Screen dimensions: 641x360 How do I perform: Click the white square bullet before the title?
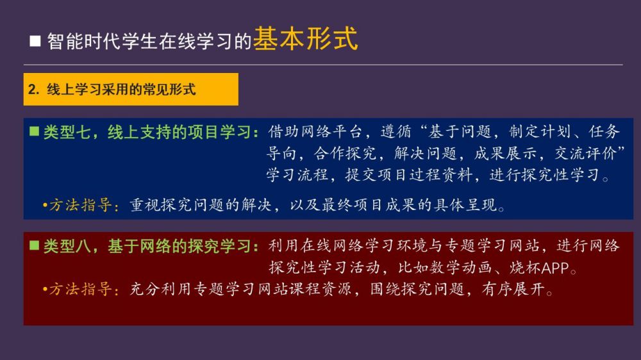tap(35, 41)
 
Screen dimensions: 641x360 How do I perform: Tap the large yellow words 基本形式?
tap(305, 39)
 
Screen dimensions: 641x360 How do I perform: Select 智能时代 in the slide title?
tap(84, 41)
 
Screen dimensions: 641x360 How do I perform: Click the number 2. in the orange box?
tap(33, 89)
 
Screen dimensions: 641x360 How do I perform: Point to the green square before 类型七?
tap(35, 131)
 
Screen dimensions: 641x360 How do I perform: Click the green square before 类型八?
tap(35, 245)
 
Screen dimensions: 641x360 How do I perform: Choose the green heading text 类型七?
tap(67, 132)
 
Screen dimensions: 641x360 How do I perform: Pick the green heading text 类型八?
tap(67, 246)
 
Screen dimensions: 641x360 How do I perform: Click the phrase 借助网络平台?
tap(315, 131)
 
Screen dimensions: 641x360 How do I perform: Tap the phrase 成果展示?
tap(505, 153)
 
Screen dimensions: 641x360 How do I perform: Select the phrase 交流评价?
tap(585, 153)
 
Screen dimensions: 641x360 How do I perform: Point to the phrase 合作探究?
tap(345, 153)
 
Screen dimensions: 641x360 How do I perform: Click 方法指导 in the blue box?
tap(81, 205)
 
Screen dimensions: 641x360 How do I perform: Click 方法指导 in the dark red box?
tap(81, 290)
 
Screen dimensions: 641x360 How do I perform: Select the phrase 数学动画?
tap(461, 268)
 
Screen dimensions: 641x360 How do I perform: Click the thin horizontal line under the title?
tap(323, 65)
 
